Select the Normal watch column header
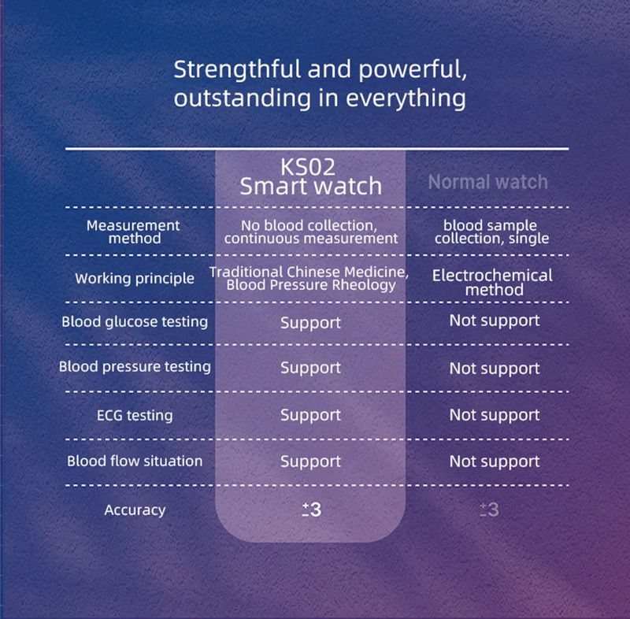(x=487, y=182)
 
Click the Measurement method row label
(x=133, y=232)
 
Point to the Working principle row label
(x=135, y=279)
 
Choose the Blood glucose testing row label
(x=135, y=321)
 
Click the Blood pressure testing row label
(x=135, y=366)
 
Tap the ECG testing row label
(x=135, y=415)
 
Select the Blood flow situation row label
(x=135, y=461)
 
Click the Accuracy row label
(x=135, y=510)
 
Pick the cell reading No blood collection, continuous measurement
(x=310, y=232)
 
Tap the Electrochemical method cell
(x=492, y=282)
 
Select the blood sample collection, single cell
(x=491, y=232)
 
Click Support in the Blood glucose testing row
(x=310, y=323)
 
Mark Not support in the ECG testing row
(x=495, y=415)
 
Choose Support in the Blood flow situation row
(x=310, y=461)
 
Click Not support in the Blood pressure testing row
(x=495, y=369)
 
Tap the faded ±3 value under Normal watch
(x=490, y=510)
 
